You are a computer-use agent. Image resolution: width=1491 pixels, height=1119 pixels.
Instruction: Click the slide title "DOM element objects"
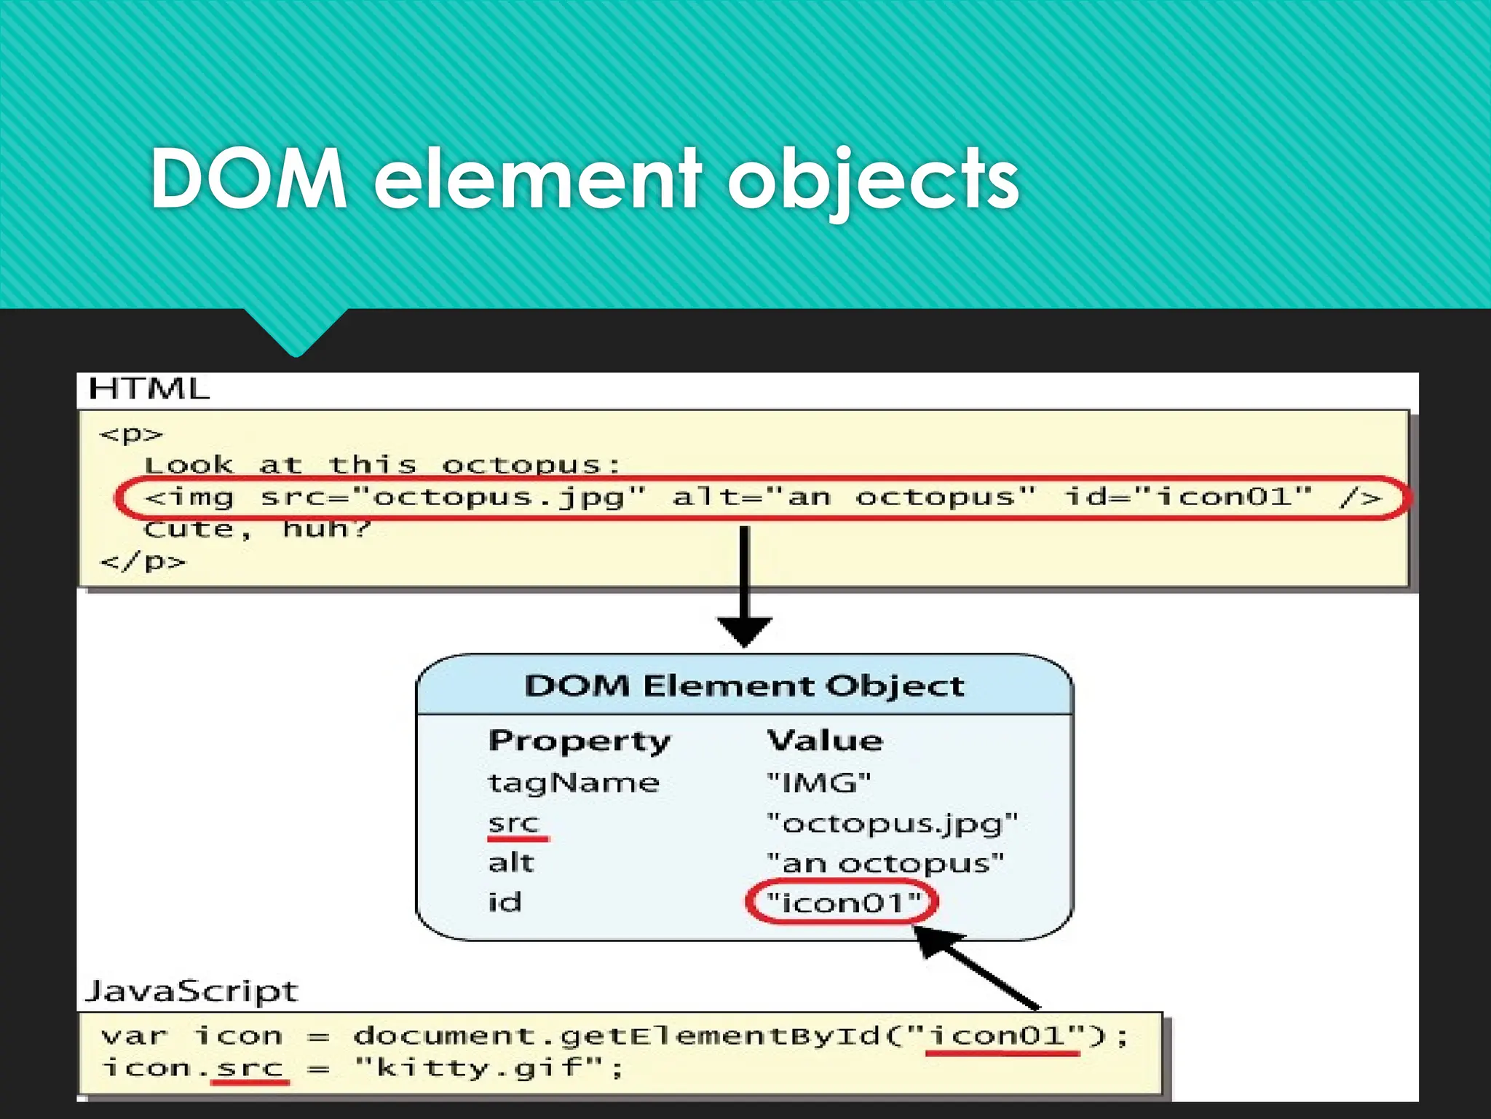click(584, 178)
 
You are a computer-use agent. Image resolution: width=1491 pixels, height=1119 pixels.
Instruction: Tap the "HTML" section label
click(149, 389)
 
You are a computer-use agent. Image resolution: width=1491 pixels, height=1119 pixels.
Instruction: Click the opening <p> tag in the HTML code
click(131, 434)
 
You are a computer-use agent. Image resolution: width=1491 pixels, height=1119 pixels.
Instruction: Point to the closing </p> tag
click(143, 562)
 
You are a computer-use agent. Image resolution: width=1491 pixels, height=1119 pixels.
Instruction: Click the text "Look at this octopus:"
click(381, 465)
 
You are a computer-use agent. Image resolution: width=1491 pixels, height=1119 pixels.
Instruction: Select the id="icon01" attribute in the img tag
click(1188, 498)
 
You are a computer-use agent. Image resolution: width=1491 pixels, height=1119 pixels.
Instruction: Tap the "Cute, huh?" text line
click(257, 529)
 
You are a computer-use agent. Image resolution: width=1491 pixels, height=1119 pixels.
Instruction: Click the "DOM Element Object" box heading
click(744, 686)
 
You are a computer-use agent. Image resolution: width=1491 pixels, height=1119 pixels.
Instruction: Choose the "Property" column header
click(579, 741)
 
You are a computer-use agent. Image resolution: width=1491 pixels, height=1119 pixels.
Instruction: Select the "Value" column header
click(825, 741)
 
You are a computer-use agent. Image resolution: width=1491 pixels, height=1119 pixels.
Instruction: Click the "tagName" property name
click(573, 783)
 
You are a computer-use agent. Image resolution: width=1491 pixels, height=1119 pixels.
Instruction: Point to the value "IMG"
click(819, 783)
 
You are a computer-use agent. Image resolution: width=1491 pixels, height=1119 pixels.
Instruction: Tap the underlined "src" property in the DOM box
click(513, 823)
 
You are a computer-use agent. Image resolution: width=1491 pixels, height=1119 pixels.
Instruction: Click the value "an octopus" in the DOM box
click(885, 863)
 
